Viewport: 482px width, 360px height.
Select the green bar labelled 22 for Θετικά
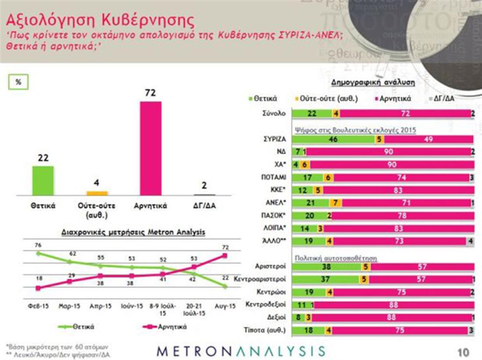point(43,180)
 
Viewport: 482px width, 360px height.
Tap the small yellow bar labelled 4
point(97,193)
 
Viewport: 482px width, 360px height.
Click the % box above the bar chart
point(19,82)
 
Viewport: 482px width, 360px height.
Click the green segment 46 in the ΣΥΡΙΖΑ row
point(333,139)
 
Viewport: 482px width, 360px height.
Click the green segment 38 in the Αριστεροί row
point(326,267)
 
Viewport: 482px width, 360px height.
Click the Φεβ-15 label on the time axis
point(37,307)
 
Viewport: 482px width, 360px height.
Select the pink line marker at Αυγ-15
point(225,255)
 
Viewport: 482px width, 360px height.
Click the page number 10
point(462,352)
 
